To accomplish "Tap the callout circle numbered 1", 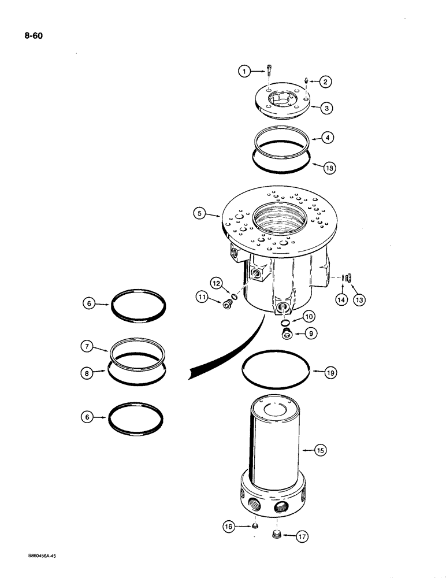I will pos(246,71).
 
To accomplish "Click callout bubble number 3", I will pos(327,108).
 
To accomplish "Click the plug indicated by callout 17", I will pos(276,534).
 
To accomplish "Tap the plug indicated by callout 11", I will pos(227,305).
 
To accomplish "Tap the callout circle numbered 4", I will pos(327,138).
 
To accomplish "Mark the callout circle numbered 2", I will pos(327,82).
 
